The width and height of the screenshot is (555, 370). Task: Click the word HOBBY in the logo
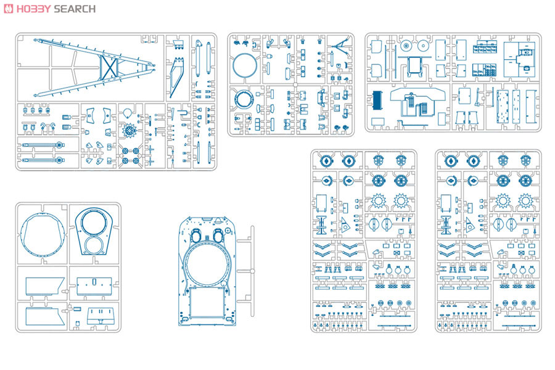click(x=34, y=9)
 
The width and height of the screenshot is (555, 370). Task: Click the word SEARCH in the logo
click(x=75, y=9)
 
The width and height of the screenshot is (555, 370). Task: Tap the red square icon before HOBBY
click(x=8, y=9)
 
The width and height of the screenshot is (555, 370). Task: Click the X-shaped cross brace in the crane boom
click(x=109, y=68)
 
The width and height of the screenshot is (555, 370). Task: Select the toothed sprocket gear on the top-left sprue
click(x=129, y=131)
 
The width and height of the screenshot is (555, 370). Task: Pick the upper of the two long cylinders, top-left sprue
click(x=43, y=145)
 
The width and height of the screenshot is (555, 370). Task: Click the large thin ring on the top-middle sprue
click(x=245, y=66)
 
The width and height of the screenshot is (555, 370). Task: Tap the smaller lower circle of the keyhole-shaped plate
click(x=94, y=245)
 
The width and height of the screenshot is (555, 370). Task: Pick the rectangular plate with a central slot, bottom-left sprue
click(x=94, y=286)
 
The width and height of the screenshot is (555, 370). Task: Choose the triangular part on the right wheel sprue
click(x=470, y=224)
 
